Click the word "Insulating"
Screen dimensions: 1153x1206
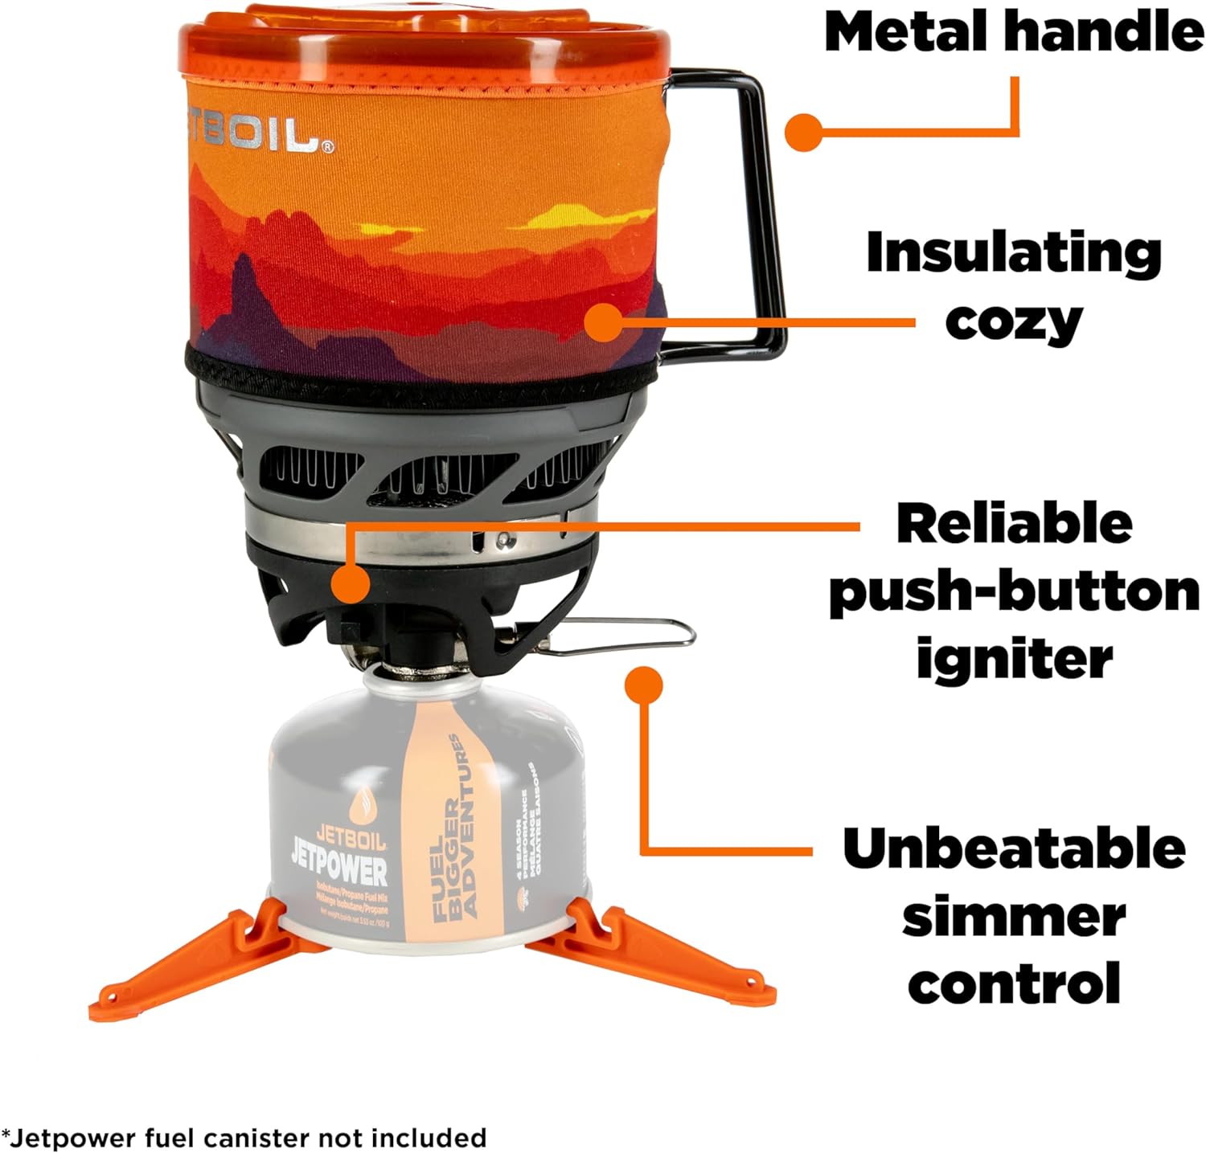point(1013,254)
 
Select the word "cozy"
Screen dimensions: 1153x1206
point(1013,321)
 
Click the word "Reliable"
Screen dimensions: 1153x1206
point(1015,524)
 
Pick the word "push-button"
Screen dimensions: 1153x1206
point(1015,593)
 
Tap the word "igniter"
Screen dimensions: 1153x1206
point(1015,659)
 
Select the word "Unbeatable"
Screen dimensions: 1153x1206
point(1015,848)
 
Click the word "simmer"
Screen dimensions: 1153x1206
point(1015,916)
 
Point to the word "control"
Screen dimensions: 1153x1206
point(1015,983)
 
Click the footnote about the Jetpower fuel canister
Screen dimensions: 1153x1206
point(245,1138)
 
